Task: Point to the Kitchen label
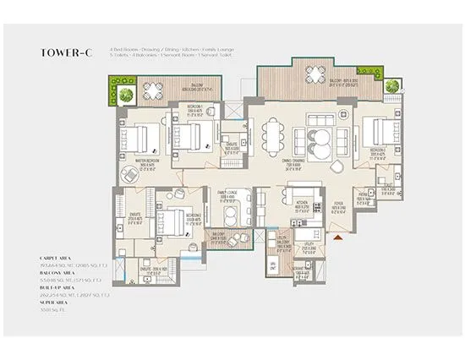(303, 204)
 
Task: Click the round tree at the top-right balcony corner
(391, 85)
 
